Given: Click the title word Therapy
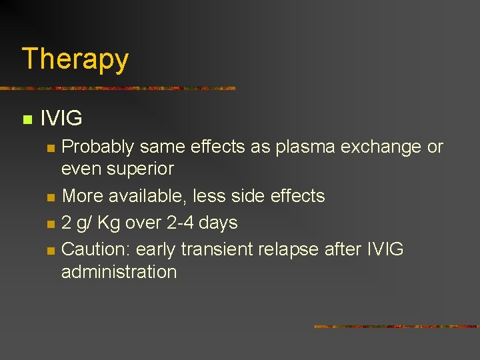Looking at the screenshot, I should click(x=75, y=59).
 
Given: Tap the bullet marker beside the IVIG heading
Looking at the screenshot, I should click(x=27, y=120).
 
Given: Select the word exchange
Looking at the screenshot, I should click(x=381, y=147).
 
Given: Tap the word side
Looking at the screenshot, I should click(x=252, y=196).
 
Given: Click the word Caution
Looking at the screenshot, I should click(x=96, y=249).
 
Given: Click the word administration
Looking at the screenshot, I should click(x=119, y=272).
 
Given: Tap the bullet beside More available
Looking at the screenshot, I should click(x=50, y=197).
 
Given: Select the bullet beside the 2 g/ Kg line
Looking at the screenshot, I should click(x=50, y=224).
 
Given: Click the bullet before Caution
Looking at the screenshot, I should click(x=50, y=251).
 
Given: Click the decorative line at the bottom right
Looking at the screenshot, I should click(x=396, y=327).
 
